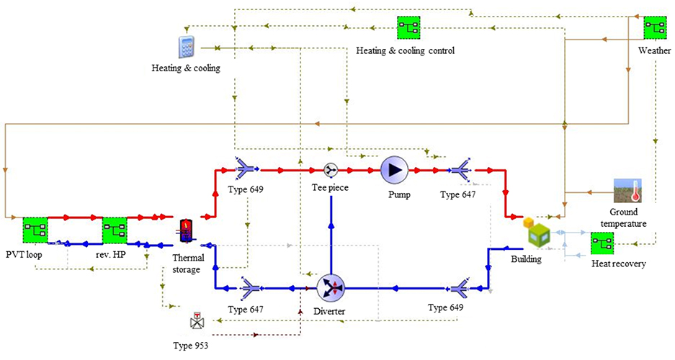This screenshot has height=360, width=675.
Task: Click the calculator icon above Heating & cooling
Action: [x=187, y=47]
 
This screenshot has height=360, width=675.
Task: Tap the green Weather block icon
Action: [x=654, y=27]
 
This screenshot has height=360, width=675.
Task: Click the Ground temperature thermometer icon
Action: [x=627, y=191]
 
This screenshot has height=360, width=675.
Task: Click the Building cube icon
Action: [x=537, y=231]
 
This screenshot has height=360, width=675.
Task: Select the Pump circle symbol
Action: [x=394, y=170]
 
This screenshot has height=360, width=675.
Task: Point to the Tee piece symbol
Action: [x=331, y=170]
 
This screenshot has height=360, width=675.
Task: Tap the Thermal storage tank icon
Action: [x=187, y=231]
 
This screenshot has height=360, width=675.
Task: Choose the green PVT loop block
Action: [x=34, y=230]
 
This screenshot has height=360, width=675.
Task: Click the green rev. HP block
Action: [x=115, y=230]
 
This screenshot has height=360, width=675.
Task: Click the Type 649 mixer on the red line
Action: [x=248, y=170]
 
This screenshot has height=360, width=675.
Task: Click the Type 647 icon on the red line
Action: [x=459, y=170]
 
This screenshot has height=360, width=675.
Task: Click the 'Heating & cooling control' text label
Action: [x=405, y=50]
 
